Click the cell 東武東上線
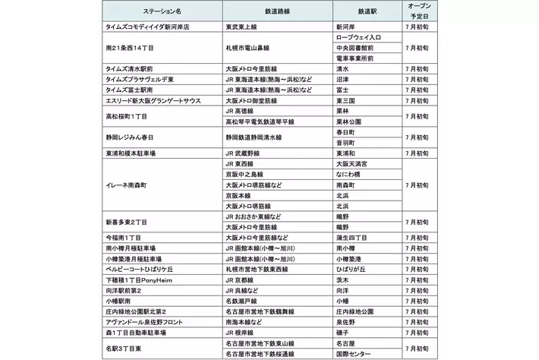[243, 26]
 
